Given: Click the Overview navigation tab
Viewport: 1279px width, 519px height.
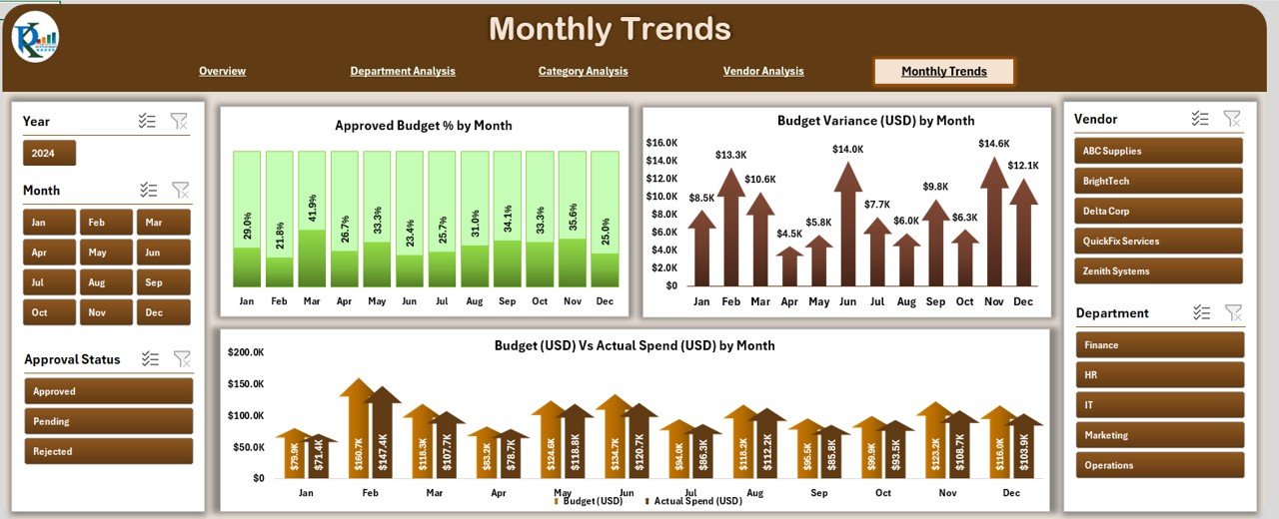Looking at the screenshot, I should (x=222, y=71).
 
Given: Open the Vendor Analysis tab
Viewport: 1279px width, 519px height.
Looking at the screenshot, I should (x=763, y=71).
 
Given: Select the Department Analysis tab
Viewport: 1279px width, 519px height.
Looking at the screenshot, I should (x=403, y=71).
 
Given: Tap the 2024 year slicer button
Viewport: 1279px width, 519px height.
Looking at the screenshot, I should (x=49, y=153).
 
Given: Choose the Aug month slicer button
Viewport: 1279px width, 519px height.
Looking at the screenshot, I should (x=97, y=282).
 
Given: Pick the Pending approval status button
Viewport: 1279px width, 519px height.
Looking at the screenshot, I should (x=108, y=421).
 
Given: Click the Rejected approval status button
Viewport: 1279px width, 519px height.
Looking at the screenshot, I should (x=108, y=451).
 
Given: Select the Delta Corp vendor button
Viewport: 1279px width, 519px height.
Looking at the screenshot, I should (x=1158, y=211).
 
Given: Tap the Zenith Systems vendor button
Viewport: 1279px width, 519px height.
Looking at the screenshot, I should (x=1158, y=270).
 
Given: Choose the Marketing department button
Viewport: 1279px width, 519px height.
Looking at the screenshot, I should (x=1159, y=435).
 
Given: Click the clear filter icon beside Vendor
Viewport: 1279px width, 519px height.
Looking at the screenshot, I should (x=1232, y=119).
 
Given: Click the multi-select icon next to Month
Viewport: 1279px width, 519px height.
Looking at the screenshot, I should (x=149, y=190).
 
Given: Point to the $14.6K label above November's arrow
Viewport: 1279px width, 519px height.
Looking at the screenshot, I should (x=993, y=144).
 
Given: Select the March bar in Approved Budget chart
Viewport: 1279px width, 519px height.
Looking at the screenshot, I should (x=312, y=220).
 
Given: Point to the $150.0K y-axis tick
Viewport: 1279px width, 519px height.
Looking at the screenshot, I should (x=246, y=383).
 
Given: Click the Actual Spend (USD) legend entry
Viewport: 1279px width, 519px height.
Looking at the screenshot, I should (x=697, y=501).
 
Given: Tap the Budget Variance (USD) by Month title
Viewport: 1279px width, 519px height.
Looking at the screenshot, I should (x=875, y=121).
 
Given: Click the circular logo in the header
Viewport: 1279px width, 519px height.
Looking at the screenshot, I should (x=35, y=38).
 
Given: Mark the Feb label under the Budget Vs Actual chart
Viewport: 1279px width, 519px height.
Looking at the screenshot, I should (x=371, y=493).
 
